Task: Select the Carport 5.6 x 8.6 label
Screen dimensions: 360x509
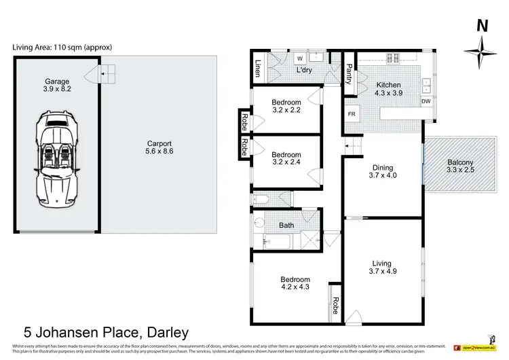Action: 159,148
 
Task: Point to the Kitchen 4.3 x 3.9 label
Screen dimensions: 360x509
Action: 389,90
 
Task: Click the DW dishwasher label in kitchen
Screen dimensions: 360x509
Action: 426,102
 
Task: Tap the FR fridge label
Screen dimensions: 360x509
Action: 352,114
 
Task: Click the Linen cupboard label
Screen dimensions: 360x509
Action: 259,69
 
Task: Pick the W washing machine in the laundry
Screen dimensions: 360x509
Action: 299,58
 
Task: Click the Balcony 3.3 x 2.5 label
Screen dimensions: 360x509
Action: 461,167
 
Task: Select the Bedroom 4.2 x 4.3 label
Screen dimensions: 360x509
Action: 295,284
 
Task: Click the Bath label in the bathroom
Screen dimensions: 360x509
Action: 286,225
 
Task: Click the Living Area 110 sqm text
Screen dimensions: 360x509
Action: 62,47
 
